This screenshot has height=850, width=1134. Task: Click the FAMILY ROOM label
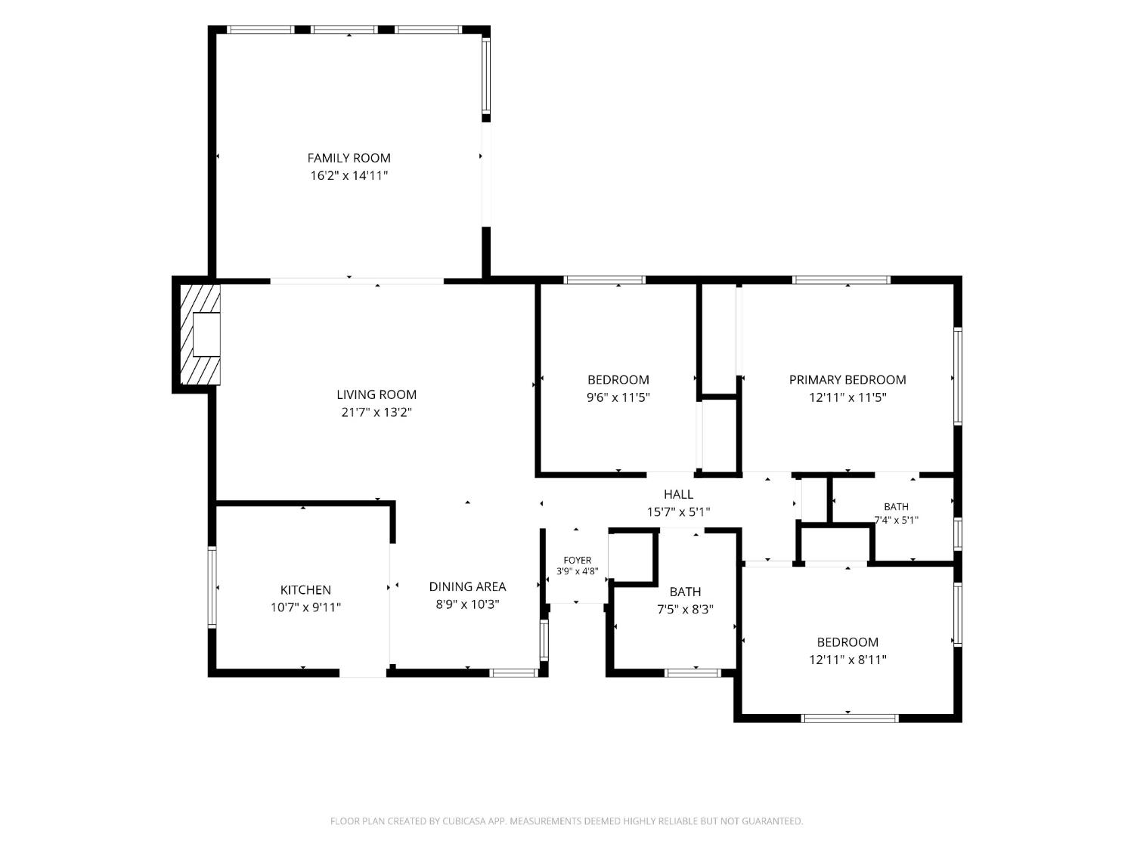tap(349, 158)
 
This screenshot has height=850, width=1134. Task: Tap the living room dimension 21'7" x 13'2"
tap(376, 413)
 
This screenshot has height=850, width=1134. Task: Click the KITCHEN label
tap(305, 590)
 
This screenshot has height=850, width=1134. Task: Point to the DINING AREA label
tap(467, 587)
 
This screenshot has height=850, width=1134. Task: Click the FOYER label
tap(577, 561)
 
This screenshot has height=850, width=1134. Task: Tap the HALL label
tap(678, 494)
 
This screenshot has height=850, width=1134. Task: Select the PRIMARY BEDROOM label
tap(847, 380)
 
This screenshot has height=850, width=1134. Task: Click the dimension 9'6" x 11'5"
tap(618, 397)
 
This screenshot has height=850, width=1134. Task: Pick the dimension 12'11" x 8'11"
tap(847, 660)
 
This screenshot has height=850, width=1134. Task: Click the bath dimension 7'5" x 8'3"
tap(685, 610)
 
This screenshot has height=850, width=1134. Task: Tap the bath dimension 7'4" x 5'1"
tap(896, 521)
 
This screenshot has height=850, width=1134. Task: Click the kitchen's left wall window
tap(212, 587)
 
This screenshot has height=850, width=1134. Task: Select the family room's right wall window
tap(485, 76)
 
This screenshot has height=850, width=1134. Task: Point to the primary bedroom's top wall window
tap(841, 280)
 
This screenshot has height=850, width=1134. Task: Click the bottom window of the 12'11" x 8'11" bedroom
tap(850, 718)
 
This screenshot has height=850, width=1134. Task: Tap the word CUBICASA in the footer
tap(464, 821)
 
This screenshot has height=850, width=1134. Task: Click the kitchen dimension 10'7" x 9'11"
tap(305, 607)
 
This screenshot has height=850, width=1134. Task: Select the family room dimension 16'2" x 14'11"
tap(349, 175)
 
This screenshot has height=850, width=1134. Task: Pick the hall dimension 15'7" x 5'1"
tap(678, 512)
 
